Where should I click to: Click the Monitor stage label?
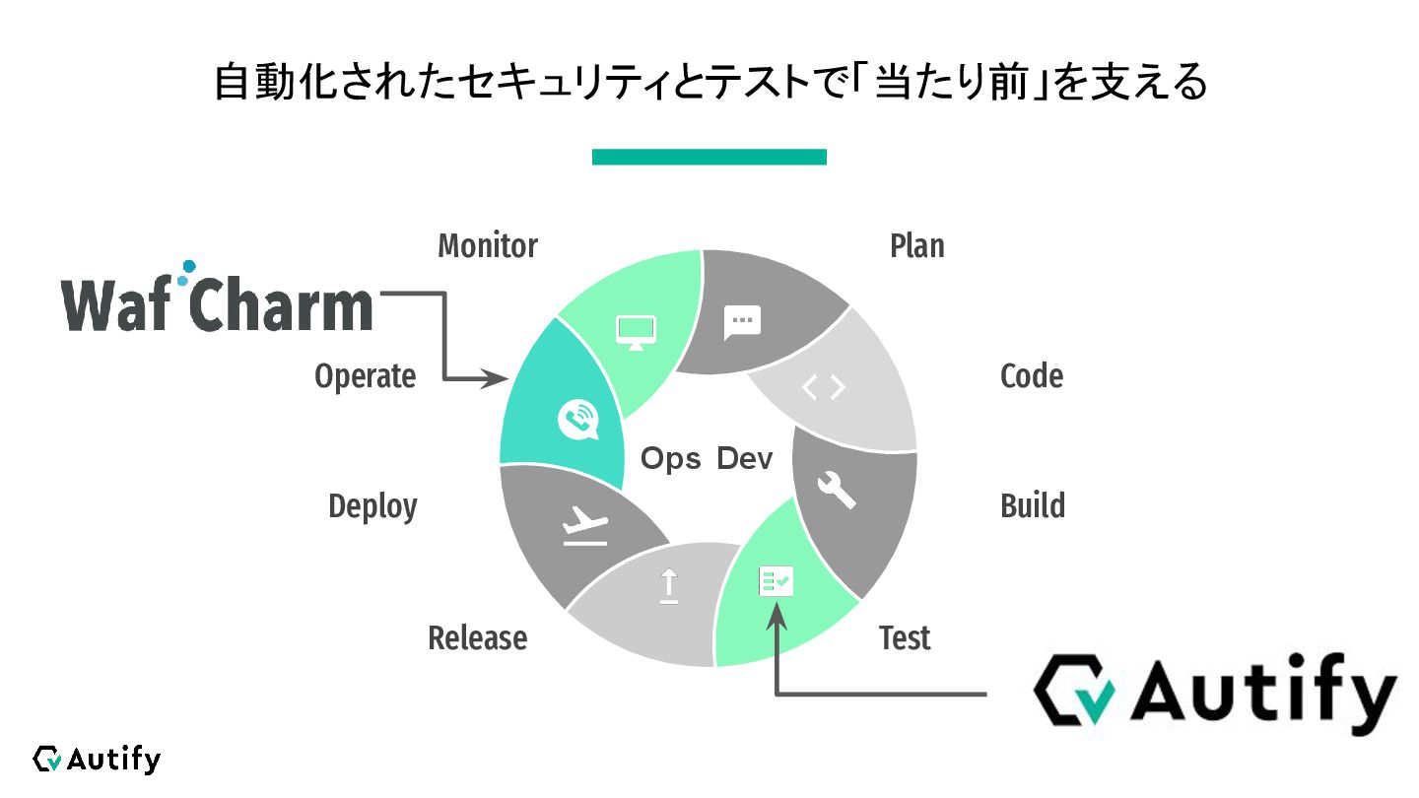click(488, 245)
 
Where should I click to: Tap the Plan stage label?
click(916, 245)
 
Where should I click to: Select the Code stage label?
click(1031, 376)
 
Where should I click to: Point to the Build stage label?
click(1032, 506)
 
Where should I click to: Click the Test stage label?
click(904, 638)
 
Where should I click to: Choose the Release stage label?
click(477, 638)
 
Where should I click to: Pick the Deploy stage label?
click(372, 506)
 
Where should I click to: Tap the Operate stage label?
click(365, 376)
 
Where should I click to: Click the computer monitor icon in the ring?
click(636, 331)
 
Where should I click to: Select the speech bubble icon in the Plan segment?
click(742, 322)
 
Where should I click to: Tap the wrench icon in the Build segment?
click(837, 489)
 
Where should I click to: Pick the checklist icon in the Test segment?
click(776, 582)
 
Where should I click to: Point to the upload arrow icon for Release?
click(669, 587)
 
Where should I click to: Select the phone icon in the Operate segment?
click(577, 420)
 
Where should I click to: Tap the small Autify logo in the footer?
click(96, 759)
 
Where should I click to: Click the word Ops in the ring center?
click(670, 459)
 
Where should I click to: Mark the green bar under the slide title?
click(709, 157)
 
